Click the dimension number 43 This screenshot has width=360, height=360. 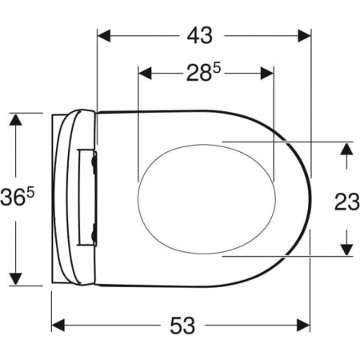pos(200,36)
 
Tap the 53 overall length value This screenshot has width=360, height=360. pos(182,326)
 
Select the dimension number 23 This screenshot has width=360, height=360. pos(346,202)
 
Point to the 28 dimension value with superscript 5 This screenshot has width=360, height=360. pos(204,73)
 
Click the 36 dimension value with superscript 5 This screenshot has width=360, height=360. pos(18,198)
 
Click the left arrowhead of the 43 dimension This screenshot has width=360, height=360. pos(104,36)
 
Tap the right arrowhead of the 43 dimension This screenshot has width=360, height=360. pos(304,36)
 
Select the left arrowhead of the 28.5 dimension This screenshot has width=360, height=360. pos(146,73)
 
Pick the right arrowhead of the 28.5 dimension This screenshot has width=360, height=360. pos(266,73)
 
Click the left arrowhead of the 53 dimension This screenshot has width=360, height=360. pos(58,325)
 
